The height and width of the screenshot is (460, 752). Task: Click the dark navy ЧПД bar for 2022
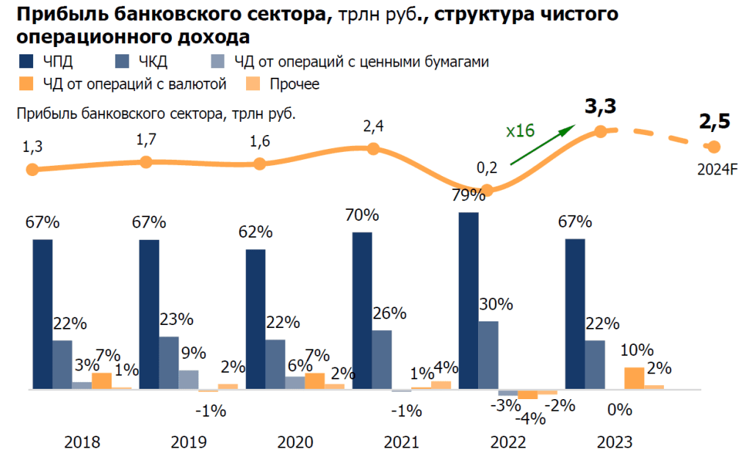coord(469,301)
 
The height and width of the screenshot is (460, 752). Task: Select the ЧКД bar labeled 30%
coord(488,355)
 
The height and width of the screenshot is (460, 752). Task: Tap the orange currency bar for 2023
coord(634,378)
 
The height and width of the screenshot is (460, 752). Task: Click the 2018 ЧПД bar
coord(43,314)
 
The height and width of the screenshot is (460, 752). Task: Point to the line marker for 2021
coord(373,149)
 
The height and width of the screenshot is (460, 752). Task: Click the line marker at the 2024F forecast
coord(712,147)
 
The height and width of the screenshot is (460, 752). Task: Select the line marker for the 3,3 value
coord(600,131)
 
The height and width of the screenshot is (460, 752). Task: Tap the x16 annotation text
coord(520,131)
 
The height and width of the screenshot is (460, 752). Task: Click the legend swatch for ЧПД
coord(23,62)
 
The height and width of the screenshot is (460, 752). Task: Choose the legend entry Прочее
coord(294,84)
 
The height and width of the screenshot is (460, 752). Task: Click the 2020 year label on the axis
coord(294,442)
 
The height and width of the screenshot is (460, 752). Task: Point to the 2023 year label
coord(614,442)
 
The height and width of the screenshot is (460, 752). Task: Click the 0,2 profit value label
coord(487,169)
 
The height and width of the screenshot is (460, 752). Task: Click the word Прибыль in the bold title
coord(57,14)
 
